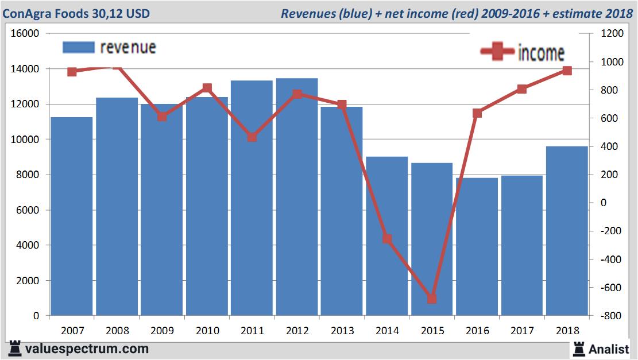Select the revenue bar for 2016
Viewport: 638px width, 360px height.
click(x=477, y=247)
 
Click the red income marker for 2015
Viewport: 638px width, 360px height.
click(x=432, y=299)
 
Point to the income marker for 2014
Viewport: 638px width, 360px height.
click(x=387, y=239)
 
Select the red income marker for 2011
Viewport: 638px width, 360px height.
click(x=252, y=137)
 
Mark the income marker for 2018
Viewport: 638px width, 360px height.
click(x=567, y=71)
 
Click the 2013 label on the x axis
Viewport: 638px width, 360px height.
click(x=342, y=331)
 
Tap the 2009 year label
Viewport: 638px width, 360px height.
click(x=162, y=331)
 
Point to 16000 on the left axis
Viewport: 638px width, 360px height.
click(x=25, y=33)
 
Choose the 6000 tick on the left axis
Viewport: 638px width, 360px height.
click(x=28, y=210)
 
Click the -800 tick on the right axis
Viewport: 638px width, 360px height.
click(x=611, y=316)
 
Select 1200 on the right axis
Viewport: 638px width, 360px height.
click(x=611, y=33)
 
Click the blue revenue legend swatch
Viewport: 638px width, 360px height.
click(x=78, y=47)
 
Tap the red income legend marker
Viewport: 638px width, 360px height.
click(x=497, y=52)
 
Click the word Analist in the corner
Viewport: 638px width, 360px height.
click(x=609, y=349)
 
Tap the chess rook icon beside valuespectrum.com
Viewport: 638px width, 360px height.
click(x=15, y=349)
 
